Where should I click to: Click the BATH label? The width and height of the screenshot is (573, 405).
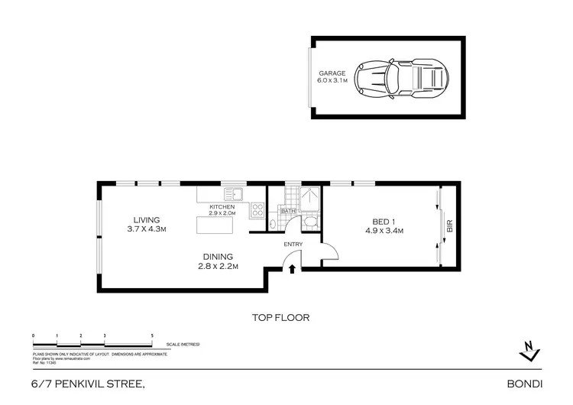[x=288, y=211]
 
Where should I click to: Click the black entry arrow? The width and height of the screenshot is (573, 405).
[x=293, y=267]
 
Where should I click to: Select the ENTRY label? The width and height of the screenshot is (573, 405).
[x=293, y=245]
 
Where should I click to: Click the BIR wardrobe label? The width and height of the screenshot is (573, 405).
[x=449, y=227]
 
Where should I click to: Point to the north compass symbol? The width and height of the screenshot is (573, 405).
[x=527, y=351]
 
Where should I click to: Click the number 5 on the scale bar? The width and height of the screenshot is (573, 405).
[x=153, y=336]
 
